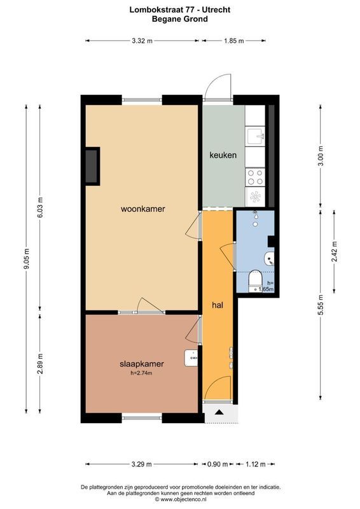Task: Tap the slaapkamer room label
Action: (141, 364)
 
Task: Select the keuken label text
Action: (223, 155)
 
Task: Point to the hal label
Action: (217, 305)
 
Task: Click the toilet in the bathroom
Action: (254, 279)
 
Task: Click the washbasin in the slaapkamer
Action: (191, 358)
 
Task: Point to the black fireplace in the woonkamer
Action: (93, 166)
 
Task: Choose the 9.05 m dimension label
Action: (26, 259)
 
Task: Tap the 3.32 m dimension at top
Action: (142, 41)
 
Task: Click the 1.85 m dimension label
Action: (234, 41)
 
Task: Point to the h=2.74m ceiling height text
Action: (141, 373)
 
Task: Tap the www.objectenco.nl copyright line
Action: (180, 499)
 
